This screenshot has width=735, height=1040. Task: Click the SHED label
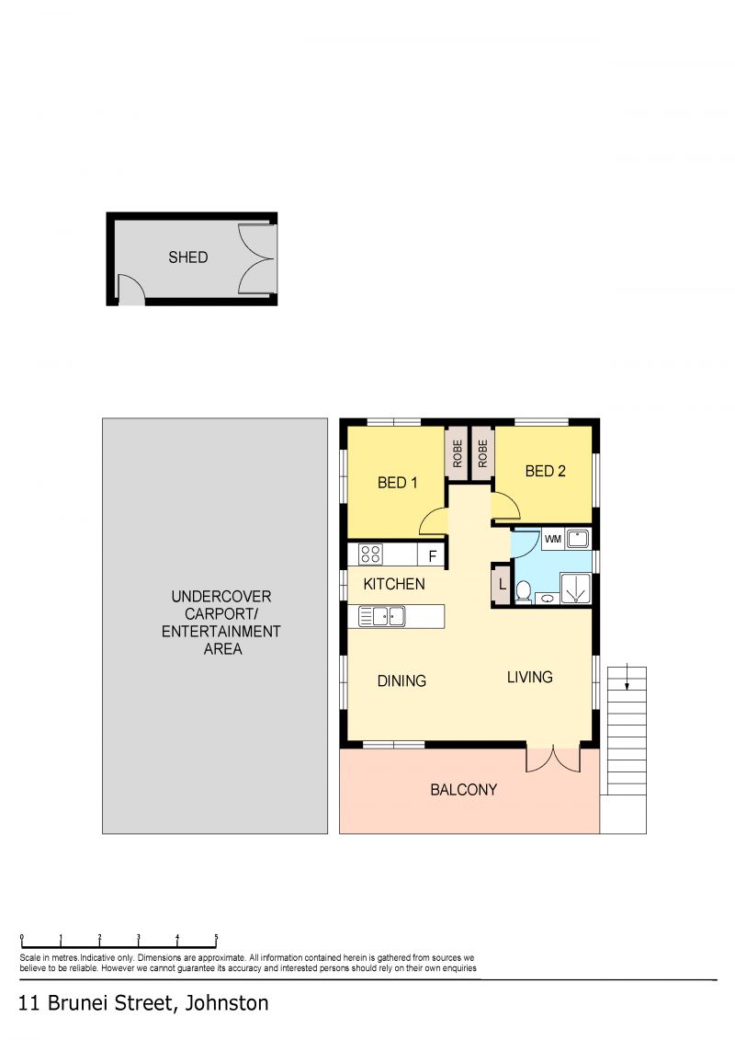(188, 257)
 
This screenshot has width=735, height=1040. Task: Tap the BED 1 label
(398, 483)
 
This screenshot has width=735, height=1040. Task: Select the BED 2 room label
(546, 472)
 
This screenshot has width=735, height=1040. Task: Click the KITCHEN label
(394, 584)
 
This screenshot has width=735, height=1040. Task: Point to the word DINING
(401, 681)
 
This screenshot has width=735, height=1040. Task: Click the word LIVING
(529, 677)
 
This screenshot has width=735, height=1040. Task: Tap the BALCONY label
(463, 790)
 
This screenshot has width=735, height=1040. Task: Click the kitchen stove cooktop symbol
(370, 554)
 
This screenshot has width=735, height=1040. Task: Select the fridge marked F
(432, 555)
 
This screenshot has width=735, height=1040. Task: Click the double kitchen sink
(382, 617)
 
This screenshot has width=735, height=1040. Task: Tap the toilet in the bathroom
(524, 591)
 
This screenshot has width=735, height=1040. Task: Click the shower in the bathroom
(575, 589)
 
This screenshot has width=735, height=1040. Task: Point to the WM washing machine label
(553, 539)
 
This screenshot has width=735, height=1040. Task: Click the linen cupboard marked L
(502, 585)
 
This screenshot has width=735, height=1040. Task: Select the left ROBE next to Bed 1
(458, 454)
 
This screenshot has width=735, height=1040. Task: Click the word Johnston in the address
(227, 1003)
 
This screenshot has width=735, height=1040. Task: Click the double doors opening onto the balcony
(553, 759)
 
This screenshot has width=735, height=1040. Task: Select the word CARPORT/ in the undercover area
(221, 614)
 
